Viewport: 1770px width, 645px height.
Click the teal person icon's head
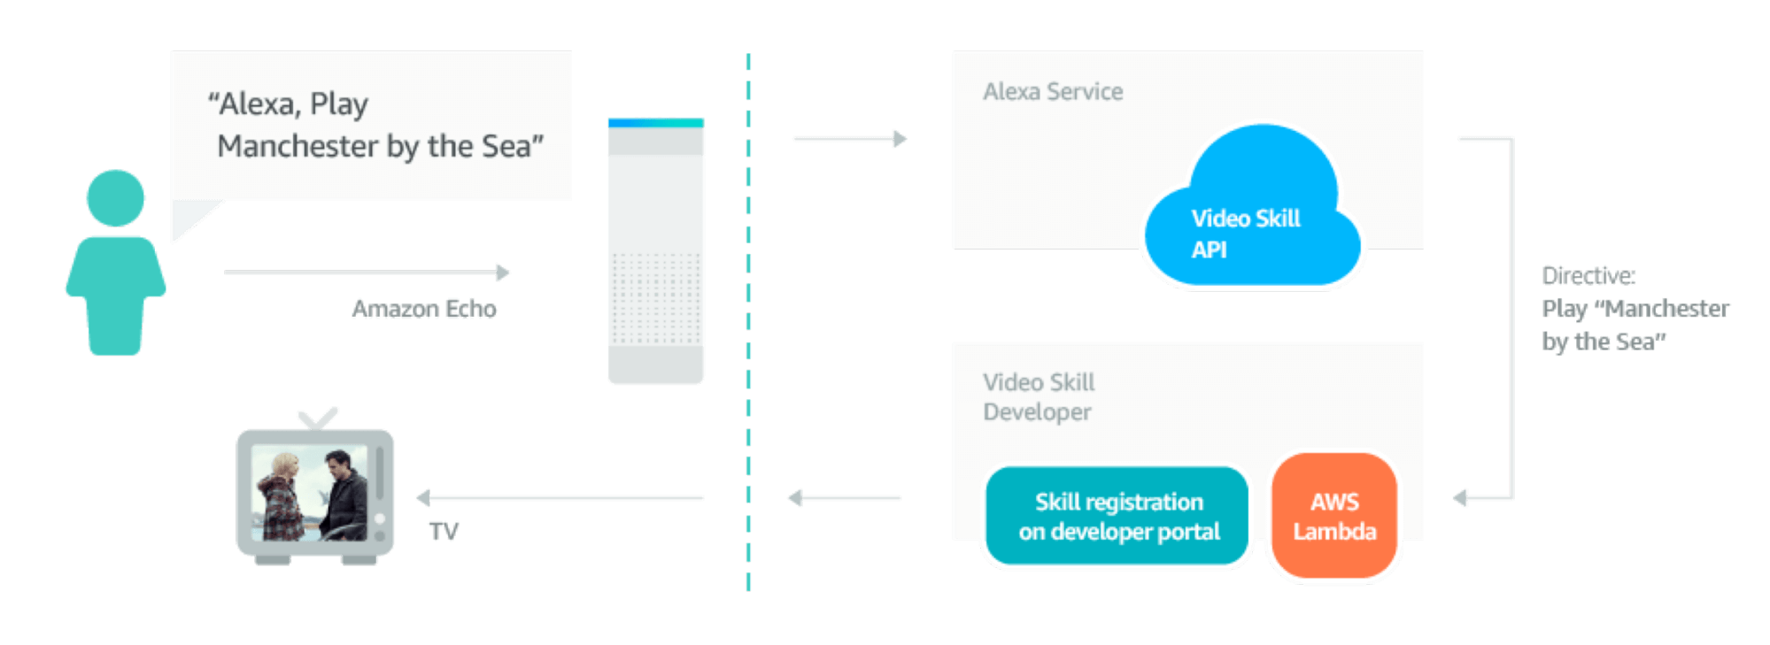(x=115, y=198)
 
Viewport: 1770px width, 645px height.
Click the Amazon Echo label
(x=424, y=309)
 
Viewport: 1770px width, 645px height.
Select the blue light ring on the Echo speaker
(x=656, y=122)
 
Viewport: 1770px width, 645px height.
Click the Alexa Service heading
(x=1053, y=92)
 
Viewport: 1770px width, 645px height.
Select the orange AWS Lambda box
(x=1334, y=517)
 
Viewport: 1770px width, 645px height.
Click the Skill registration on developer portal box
(x=1117, y=517)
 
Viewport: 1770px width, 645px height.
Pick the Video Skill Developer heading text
(x=1039, y=397)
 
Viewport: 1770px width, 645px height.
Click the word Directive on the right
(x=1588, y=276)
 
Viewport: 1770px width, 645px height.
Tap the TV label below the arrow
(x=444, y=531)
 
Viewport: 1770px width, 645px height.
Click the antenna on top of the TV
(x=317, y=418)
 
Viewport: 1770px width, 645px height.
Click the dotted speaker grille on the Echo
(x=656, y=298)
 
